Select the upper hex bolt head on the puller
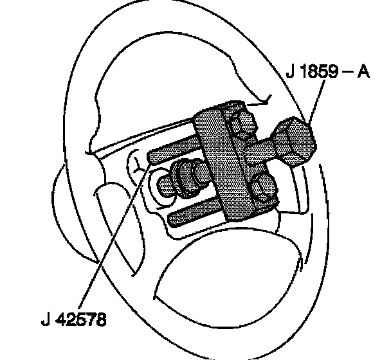click(242, 125)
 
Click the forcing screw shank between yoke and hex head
click(262, 152)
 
